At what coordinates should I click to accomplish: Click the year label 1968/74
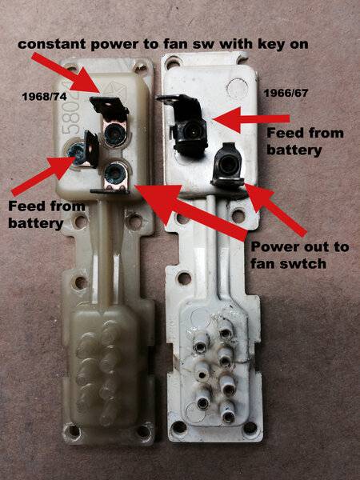pyautogui.click(x=44, y=97)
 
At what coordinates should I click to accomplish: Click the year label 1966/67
pyautogui.click(x=286, y=93)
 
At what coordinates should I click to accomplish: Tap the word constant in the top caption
pyautogui.click(x=52, y=44)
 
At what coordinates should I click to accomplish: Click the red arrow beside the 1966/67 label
pyautogui.click(x=252, y=118)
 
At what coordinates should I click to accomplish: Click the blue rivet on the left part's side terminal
pyautogui.click(x=74, y=151)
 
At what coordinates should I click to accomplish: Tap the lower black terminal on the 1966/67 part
pyautogui.click(x=227, y=166)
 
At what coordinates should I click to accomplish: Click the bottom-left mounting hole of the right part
pyautogui.click(x=178, y=426)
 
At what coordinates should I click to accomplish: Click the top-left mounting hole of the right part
pyautogui.click(x=172, y=62)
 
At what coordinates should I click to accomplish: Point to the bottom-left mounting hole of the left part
pyautogui.click(x=74, y=430)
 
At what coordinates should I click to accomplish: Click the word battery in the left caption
pyautogui.click(x=36, y=223)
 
